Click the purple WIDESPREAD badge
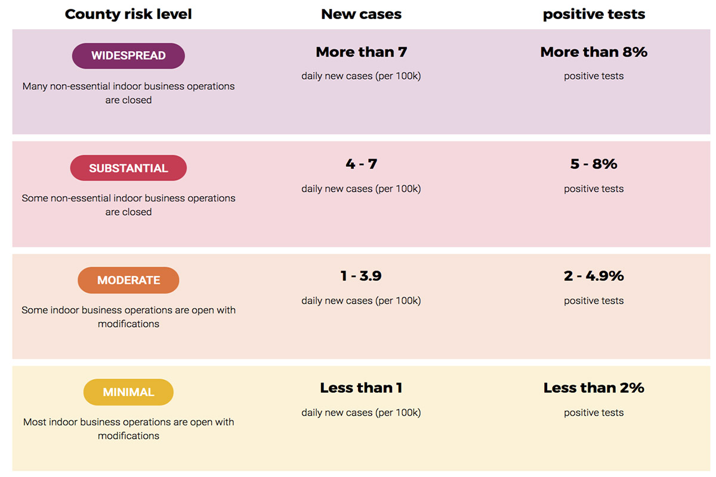(x=128, y=56)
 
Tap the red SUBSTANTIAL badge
(x=128, y=168)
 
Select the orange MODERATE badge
(x=128, y=280)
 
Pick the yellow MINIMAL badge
(x=128, y=392)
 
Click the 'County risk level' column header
(x=128, y=15)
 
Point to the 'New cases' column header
(x=361, y=14)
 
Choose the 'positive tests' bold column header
(x=594, y=15)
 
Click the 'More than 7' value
(x=361, y=52)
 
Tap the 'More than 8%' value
(x=594, y=52)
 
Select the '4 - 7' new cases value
(x=361, y=164)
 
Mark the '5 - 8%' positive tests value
(x=594, y=164)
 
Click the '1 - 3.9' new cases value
(x=361, y=275)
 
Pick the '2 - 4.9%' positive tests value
(x=594, y=275)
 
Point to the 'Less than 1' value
(x=361, y=388)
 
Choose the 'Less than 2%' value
(x=594, y=388)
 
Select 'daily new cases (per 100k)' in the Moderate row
(x=361, y=301)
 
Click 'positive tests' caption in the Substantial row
(x=594, y=189)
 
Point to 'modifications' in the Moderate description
(x=128, y=324)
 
